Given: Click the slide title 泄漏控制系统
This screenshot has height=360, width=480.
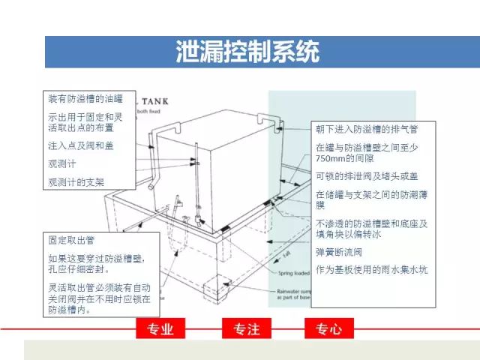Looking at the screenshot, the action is click(x=247, y=52).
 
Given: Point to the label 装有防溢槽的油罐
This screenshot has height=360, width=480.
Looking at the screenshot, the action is click(x=83, y=98).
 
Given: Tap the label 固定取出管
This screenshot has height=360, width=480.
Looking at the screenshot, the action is click(x=70, y=241).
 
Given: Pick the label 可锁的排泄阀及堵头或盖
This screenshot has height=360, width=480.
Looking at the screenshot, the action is click(x=367, y=175).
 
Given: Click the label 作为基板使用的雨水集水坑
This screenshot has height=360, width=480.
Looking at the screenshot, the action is click(x=371, y=269).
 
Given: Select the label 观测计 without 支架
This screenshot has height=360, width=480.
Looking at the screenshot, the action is click(x=62, y=163).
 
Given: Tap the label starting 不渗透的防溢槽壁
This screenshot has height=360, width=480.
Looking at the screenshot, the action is click(x=371, y=228).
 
